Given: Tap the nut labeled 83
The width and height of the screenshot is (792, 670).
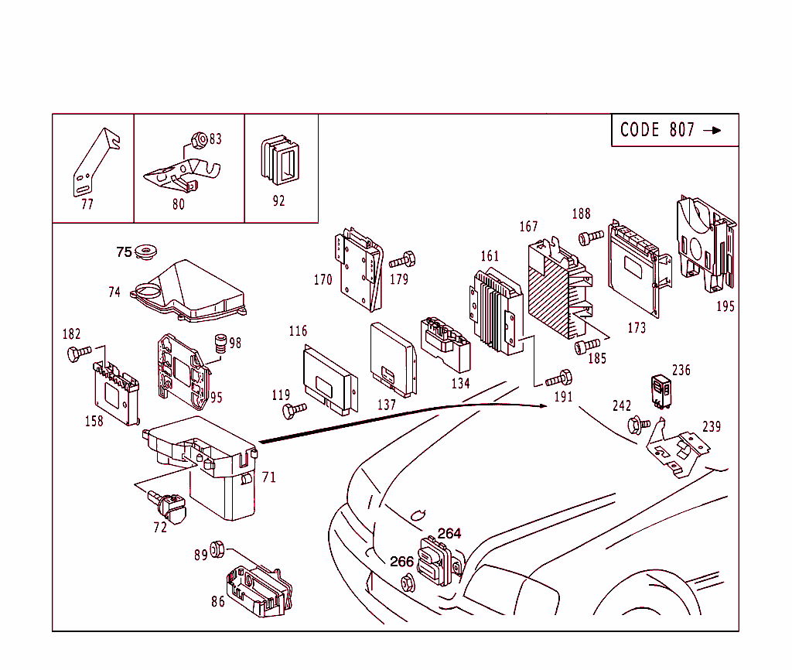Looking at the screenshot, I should pos(197,140).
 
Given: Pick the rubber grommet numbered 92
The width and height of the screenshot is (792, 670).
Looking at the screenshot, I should pos(280,162).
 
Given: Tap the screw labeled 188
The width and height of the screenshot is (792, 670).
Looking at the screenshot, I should pos(591,238).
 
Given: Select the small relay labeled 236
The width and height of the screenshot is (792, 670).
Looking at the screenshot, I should pos(660,389).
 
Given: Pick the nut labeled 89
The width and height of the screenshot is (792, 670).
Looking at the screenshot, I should pos(217,549).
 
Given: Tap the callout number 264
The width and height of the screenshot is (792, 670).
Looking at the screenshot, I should pos(449,533).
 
